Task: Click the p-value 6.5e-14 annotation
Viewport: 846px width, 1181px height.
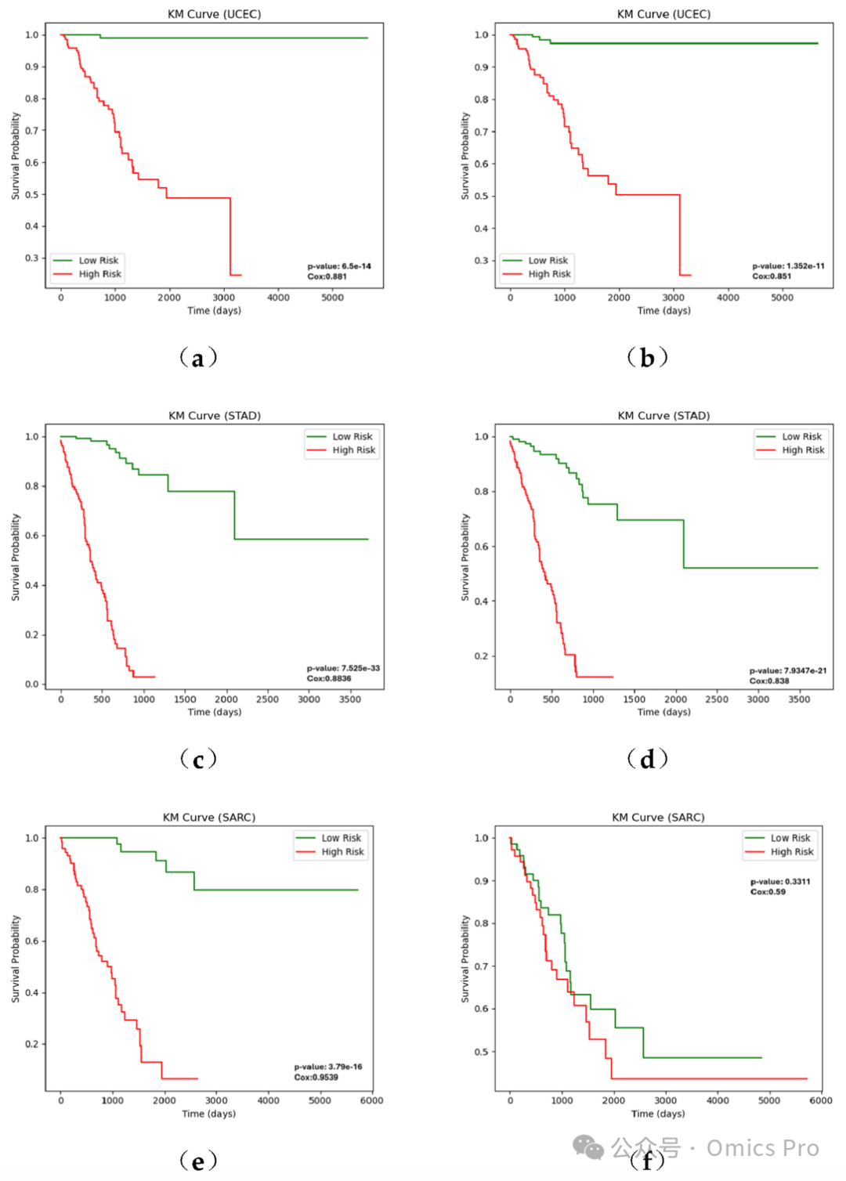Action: [339, 266]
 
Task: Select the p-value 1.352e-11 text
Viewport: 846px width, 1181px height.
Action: [788, 266]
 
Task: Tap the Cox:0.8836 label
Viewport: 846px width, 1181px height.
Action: [329, 678]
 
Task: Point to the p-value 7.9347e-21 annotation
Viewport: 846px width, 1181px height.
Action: [788, 670]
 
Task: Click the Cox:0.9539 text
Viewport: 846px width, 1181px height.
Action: [316, 1077]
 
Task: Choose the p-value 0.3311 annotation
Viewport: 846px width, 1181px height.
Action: [780, 882]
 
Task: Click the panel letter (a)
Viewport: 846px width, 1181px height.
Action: [198, 358]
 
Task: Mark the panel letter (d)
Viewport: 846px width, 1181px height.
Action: [648, 759]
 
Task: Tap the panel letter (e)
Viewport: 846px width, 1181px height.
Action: [198, 1161]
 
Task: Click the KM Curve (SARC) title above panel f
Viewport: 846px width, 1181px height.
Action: [658, 817]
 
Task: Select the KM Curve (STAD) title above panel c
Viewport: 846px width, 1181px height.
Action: [215, 415]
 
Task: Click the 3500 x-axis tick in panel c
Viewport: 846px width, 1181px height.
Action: [349, 699]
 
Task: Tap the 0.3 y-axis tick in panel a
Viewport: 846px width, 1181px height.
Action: [31, 258]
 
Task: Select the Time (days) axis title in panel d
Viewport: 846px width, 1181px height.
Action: [664, 712]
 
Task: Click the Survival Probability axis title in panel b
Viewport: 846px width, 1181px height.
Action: [465, 156]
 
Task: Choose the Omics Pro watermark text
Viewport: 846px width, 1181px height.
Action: [763, 1148]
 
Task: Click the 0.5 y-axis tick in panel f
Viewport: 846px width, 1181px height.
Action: [482, 1052]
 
